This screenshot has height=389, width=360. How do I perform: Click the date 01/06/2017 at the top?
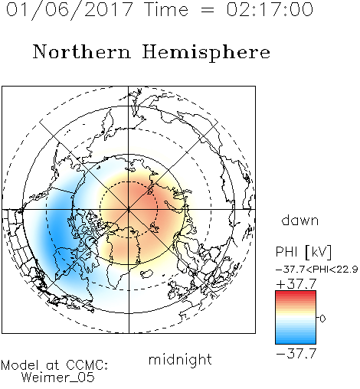click(x=70, y=9)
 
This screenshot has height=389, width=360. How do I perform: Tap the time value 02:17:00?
click(x=270, y=9)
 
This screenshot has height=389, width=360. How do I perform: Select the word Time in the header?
click(x=166, y=9)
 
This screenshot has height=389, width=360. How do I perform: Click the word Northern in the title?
click(x=82, y=51)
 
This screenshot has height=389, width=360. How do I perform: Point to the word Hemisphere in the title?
click(x=206, y=53)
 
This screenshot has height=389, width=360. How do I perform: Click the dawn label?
click(x=300, y=220)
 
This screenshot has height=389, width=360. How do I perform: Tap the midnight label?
click(x=180, y=359)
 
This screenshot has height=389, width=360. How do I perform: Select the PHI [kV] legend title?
click(x=303, y=252)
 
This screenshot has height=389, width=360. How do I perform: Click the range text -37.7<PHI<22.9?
click(x=316, y=269)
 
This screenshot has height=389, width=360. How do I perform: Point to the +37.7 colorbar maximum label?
click(x=296, y=284)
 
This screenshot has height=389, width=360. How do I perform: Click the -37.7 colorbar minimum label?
click(x=296, y=354)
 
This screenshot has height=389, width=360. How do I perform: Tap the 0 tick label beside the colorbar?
click(x=322, y=319)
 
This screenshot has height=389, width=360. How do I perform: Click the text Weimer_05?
click(x=58, y=378)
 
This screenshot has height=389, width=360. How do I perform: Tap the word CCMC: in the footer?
click(x=87, y=365)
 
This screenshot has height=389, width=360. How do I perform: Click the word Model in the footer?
click(x=21, y=365)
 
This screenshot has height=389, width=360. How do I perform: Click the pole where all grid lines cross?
click(x=129, y=210)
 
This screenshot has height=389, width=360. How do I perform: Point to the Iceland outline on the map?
click(x=146, y=274)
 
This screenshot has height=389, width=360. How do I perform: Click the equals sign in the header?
click(x=208, y=10)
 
